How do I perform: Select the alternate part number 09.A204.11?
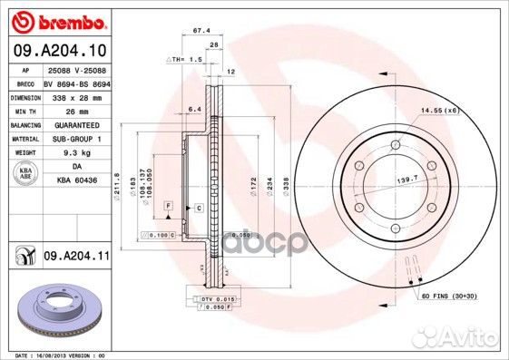(x=77, y=258)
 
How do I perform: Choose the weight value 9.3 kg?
(x=71, y=153)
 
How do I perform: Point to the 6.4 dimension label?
(x=193, y=109)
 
